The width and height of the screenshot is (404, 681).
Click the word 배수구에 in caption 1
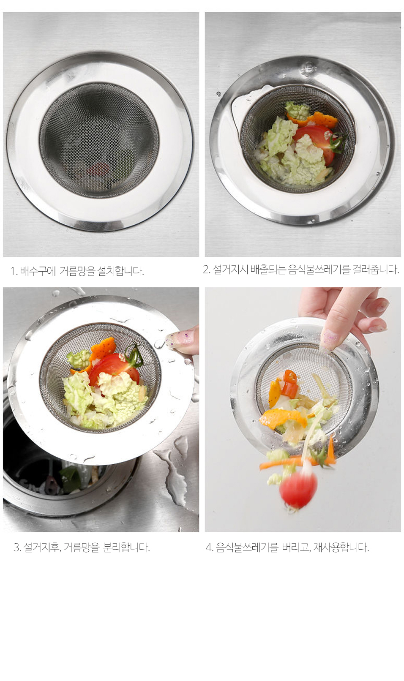point(38,271)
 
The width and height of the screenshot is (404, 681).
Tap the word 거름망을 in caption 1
point(77,271)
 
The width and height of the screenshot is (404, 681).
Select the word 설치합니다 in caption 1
point(120,271)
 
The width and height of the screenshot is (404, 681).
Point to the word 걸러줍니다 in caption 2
point(376,270)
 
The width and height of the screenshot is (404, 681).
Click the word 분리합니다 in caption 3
point(126,548)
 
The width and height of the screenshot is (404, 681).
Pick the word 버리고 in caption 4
point(295,548)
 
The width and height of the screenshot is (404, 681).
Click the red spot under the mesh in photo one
point(98,169)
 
